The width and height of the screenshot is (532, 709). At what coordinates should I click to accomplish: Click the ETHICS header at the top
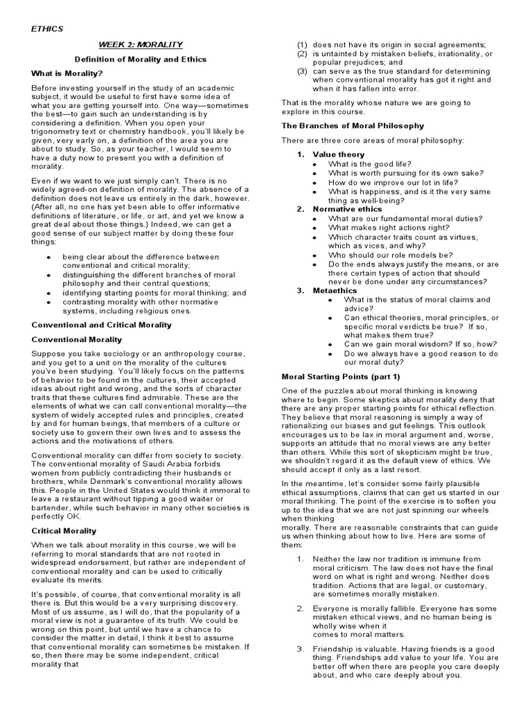coord(47,28)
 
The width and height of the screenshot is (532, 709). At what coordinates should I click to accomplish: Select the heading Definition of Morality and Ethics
coord(141,59)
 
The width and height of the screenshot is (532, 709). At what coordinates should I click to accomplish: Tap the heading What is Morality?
coord(66,73)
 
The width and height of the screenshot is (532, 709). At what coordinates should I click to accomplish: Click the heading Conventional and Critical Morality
coord(102,325)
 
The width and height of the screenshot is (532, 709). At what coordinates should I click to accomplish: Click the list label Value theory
coord(339,154)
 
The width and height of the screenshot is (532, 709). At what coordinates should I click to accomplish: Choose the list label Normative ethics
coord(347,208)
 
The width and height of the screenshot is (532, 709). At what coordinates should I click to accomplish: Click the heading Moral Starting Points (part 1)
coord(341,377)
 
